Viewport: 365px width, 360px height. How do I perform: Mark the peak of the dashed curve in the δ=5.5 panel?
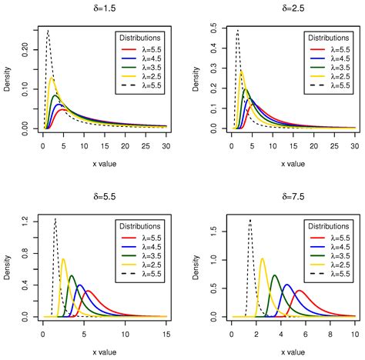pyautogui.click(x=55, y=219)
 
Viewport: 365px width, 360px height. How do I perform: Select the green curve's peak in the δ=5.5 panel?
pyautogui.click(x=72, y=275)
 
